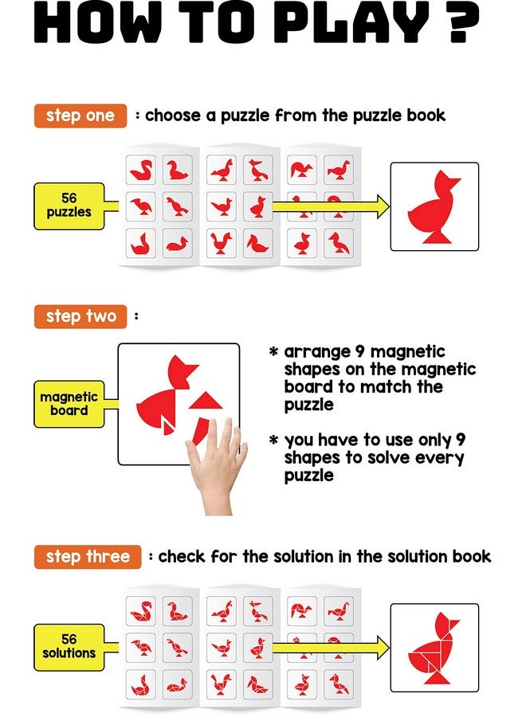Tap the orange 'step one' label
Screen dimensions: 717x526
pos(80,116)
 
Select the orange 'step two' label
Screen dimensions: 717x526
pos(80,316)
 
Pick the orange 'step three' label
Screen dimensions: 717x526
pos(88,557)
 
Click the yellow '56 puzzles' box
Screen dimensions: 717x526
pos(69,206)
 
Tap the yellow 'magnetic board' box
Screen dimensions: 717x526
pos(69,403)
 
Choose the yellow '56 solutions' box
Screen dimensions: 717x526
pos(69,646)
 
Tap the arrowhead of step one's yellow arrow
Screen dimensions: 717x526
pos(380,206)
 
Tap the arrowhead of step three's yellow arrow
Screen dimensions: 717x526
pos(380,647)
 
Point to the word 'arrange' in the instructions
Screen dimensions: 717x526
pos(316,352)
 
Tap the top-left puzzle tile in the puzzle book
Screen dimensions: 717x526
pos(141,170)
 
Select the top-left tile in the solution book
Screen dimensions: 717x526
pos(141,611)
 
